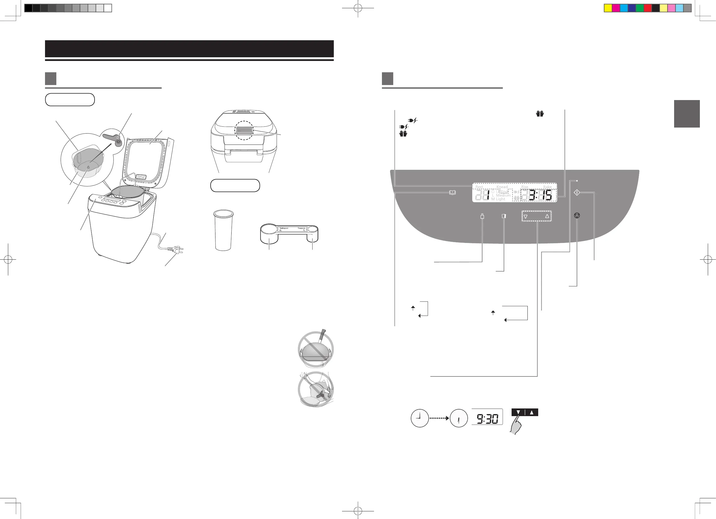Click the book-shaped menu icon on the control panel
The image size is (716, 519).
click(452, 192)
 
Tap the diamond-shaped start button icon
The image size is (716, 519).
click(577, 192)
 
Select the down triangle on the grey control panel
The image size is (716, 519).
click(526, 217)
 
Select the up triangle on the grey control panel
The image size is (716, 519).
click(547, 216)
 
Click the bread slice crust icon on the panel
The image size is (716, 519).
click(504, 216)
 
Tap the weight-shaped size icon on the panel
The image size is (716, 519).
click(482, 216)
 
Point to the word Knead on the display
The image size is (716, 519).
click(502, 187)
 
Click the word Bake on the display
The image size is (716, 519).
click(547, 187)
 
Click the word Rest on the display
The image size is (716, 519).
click(479, 187)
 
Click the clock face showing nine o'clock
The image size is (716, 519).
click(420, 418)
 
